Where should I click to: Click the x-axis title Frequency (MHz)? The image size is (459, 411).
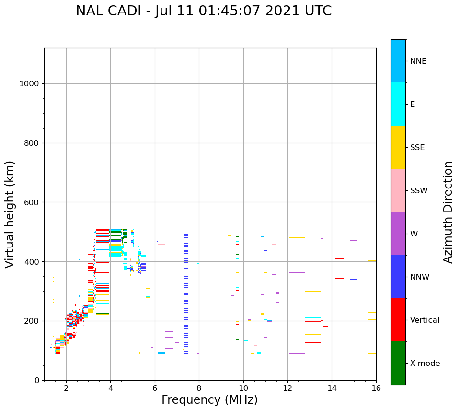click(209, 400)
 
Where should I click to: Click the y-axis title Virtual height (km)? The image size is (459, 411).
click(10, 214)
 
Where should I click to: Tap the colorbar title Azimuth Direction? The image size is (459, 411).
click(448, 212)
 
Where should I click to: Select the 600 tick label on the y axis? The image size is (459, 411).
click(32, 202)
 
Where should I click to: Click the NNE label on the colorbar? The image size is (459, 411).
click(418, 61)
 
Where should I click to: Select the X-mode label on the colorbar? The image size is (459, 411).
click(425, 364)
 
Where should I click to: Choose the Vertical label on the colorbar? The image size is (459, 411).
click(425, 320)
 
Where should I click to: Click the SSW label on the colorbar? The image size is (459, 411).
click(419, 191)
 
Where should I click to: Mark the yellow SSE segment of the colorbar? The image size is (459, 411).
click(398, 147)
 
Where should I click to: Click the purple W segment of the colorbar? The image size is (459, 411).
click(398, 234)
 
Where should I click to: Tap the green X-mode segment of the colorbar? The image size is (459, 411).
click(398, 363)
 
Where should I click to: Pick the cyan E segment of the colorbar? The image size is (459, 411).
click(398, 104)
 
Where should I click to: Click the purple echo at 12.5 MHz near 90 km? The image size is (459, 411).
click(297, 353)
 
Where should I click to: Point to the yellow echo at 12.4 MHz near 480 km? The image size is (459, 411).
click(297, 238)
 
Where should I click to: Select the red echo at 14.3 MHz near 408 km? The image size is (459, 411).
click(339, 259)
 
